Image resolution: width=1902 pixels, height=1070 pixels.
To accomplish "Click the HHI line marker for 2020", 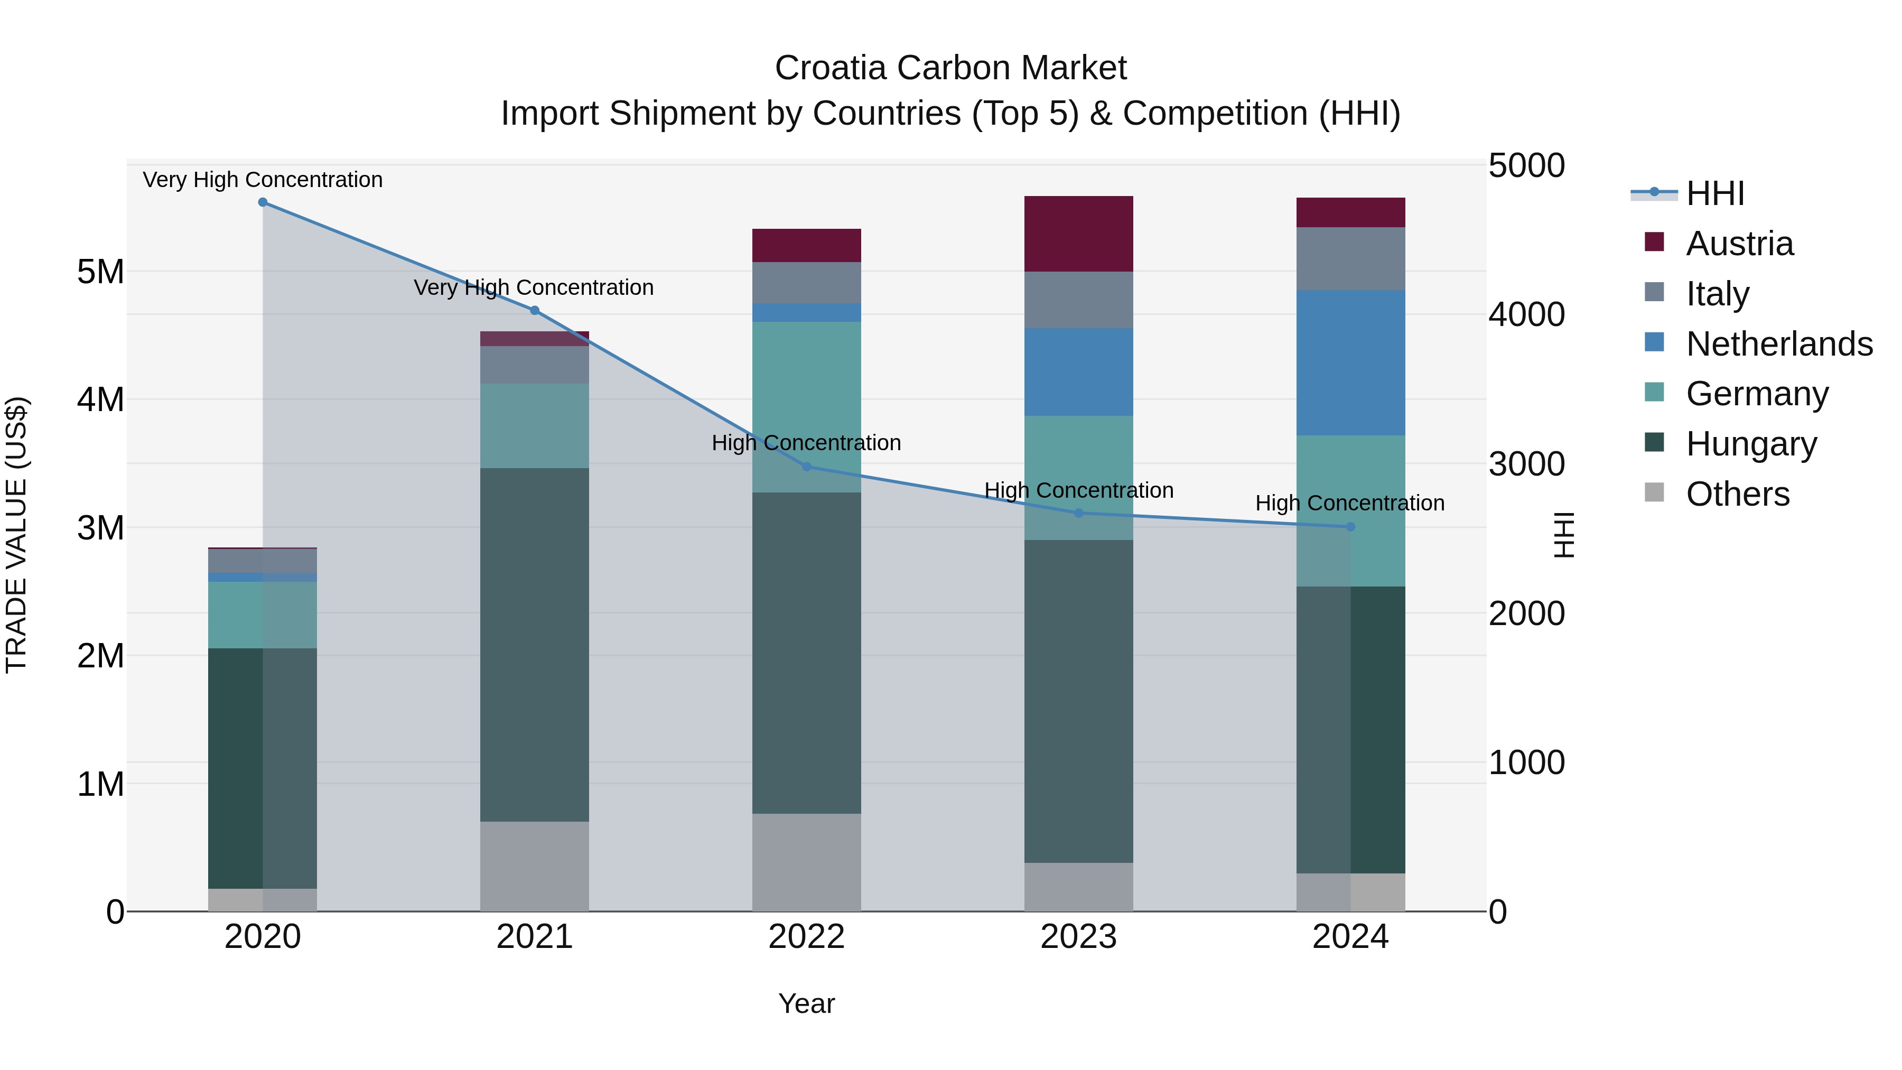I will click(263, 202).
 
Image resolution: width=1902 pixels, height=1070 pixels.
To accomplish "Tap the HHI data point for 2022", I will click(806, 467).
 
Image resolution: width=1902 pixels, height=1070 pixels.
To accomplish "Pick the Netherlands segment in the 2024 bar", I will click(1350, 362).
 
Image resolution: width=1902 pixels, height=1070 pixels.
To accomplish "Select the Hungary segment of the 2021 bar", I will click(535, 645).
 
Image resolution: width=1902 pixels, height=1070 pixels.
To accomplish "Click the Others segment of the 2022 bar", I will click(806, 862).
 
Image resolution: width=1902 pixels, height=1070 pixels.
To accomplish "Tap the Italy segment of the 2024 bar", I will click(1350, 258).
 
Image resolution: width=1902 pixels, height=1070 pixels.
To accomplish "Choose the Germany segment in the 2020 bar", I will click(263, 615).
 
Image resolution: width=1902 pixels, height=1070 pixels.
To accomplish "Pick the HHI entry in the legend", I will click(1714, 193).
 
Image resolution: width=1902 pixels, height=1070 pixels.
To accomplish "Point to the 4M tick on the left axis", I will click(100, 399).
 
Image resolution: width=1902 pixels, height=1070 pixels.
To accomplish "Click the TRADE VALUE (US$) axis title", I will click(17, 535).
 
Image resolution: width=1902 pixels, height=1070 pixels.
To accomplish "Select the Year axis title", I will click(806, 1003).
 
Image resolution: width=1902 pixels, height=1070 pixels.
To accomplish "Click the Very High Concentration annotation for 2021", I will click(533, 287).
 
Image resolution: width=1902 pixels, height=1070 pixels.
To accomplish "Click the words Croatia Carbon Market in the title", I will click(950, 68).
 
